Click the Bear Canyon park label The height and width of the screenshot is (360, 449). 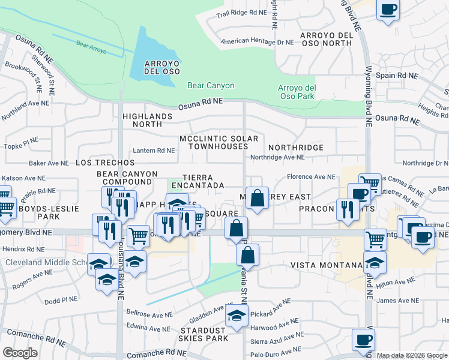[x=211, y=86]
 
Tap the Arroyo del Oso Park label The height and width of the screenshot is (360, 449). [x=297, y=92]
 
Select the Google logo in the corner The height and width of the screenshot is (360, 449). [x=20, y=353]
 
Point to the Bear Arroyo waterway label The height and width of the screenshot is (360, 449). [x=91, y=47]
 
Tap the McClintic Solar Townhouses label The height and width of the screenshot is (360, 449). [x=218, y=143]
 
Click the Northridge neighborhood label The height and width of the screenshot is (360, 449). [x=296, y=148]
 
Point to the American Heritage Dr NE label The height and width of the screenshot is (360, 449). [x=258, y=42]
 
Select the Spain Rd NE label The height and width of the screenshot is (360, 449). [x=396, y=76]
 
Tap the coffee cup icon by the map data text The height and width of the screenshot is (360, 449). [x=363, y=340]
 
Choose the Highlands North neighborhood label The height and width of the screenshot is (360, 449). [x=142, y=120]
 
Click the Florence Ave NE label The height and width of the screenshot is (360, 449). [x=311, y=177]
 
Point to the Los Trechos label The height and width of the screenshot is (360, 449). [x=106, y=163]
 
